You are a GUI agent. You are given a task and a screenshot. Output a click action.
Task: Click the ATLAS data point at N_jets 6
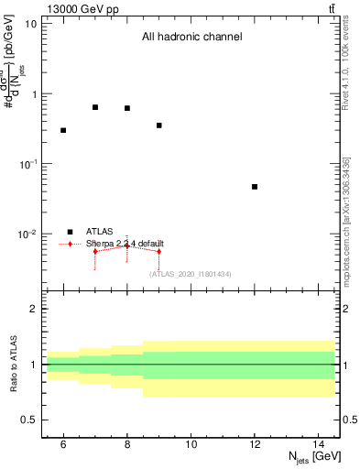pos(63,130)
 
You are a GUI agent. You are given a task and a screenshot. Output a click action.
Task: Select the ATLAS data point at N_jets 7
pos(95,107)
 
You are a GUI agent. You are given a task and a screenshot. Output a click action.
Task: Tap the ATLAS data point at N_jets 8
pos(127,108)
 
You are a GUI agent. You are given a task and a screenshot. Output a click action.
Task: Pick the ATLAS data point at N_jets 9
pos(159,125)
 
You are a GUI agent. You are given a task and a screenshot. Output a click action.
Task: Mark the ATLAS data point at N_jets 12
pos(255,187)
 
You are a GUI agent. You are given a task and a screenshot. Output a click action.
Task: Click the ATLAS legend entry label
pos(100,232)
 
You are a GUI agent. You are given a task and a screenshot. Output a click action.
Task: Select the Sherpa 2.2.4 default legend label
pos(125,244)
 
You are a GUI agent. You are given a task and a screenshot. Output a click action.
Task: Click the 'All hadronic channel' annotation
pos(191,38)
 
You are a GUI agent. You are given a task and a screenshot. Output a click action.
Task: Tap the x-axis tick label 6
pos(63,445)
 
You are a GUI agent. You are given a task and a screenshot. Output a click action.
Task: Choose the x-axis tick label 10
pos(191,445)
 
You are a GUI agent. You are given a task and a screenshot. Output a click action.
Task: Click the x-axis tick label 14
pos(319,445)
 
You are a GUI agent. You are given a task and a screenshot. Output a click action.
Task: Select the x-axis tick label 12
pos(255,445)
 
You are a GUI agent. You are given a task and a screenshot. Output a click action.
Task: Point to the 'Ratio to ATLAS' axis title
pos(15,364)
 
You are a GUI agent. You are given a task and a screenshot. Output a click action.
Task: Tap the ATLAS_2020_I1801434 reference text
pos(190,273)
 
